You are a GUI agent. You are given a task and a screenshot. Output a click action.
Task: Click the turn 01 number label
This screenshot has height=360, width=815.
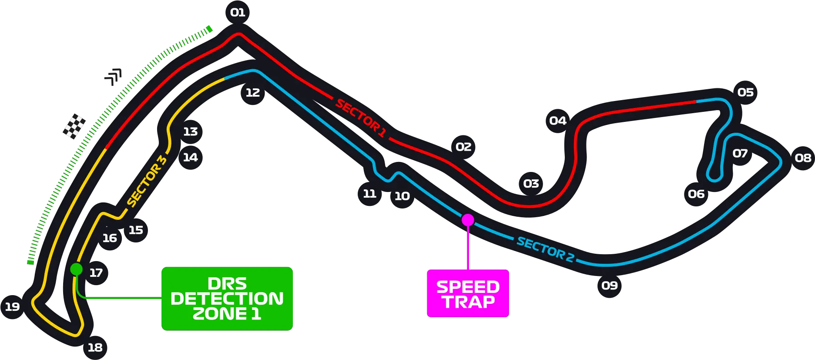tap(238, 13)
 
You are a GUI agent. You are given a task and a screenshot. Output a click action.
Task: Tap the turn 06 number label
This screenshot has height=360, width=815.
tap(696, 194)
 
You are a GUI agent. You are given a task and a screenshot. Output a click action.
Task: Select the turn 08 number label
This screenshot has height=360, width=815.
tap(803, 158)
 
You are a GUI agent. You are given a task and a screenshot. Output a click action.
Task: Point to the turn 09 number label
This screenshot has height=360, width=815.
tap(610, 286)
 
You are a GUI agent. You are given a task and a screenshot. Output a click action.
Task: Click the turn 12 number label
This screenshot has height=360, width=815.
tap(253, 93)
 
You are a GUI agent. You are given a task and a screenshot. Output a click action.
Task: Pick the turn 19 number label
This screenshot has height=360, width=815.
tap(12, 307)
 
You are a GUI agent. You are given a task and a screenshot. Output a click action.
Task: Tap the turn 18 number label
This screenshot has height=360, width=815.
tap(95, 348)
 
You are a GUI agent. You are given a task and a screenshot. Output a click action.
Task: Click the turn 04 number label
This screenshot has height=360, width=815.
tap(558, 121)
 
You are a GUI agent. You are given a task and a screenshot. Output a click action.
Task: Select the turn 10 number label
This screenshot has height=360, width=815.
tap(402, 196)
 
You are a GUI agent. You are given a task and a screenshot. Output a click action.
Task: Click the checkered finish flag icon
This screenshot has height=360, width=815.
tap(74, 127)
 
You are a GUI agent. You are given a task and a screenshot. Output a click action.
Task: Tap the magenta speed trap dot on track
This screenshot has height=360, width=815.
tap(468, 220)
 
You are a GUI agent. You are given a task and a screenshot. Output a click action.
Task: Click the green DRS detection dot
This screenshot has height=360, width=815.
tap(76, 269)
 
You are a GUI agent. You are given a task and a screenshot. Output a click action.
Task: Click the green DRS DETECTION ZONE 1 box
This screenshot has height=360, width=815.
tap(227, 299)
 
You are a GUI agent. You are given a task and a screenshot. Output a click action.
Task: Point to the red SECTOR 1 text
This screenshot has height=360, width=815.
tap(361, 118)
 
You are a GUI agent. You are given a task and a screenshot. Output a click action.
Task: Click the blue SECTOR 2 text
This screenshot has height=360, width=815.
tap(545, 249)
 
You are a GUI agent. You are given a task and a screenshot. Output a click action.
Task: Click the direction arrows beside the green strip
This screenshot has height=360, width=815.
tap(115, 76)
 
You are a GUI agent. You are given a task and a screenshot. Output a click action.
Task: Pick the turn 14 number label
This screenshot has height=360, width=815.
tap(190, 158)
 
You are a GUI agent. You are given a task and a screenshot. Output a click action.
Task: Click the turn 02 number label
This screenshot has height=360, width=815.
tap(463, 147)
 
